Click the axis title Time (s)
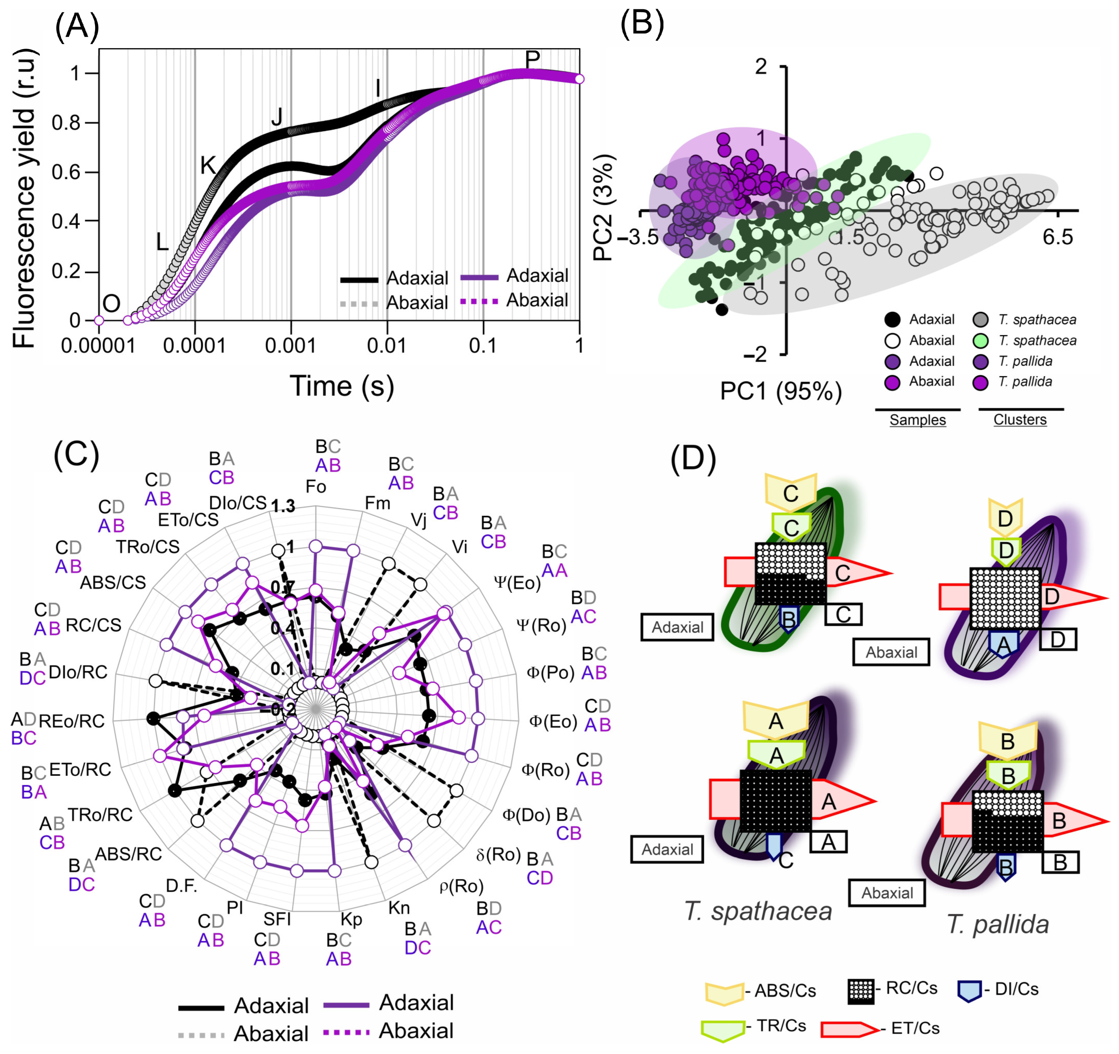pos(342,386)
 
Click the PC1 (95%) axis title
pos(781,390)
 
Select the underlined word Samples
pos(917,420)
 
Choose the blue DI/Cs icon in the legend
pos(969,990)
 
